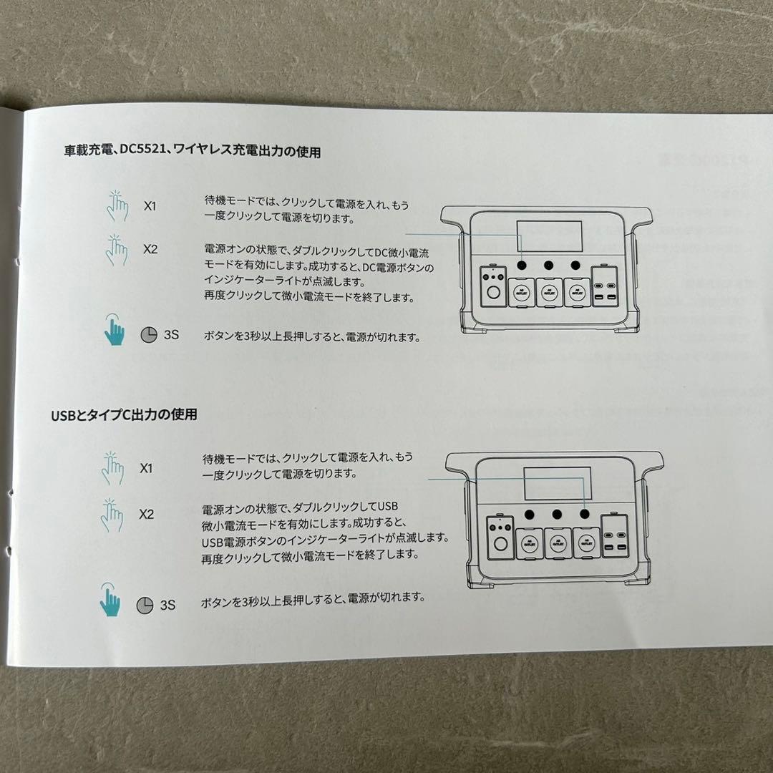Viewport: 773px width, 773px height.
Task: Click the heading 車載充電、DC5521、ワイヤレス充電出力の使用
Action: click(192, 152)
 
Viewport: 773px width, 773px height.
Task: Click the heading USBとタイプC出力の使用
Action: click(124, 414)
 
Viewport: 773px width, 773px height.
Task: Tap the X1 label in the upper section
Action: click(150, 206)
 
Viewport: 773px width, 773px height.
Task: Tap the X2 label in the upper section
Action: click(150, 249)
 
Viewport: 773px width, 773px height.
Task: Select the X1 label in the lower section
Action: click(146, 469)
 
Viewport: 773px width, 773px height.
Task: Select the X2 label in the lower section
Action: click(146, 514)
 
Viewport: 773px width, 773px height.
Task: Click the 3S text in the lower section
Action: click(167, 605)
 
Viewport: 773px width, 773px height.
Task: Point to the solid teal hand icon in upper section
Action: click(115, 329)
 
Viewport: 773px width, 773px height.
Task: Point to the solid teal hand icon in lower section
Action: click(110, 600)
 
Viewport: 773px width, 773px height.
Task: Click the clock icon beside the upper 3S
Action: click(148, 335)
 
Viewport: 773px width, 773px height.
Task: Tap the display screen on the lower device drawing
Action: click(556, 484)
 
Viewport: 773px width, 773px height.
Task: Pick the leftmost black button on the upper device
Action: click(522, 266)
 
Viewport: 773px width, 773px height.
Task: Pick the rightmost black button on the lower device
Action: click(585, 513)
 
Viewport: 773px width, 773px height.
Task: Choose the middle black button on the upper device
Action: click(548, 266)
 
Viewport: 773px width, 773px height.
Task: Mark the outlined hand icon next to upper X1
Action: click(117, 205)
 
